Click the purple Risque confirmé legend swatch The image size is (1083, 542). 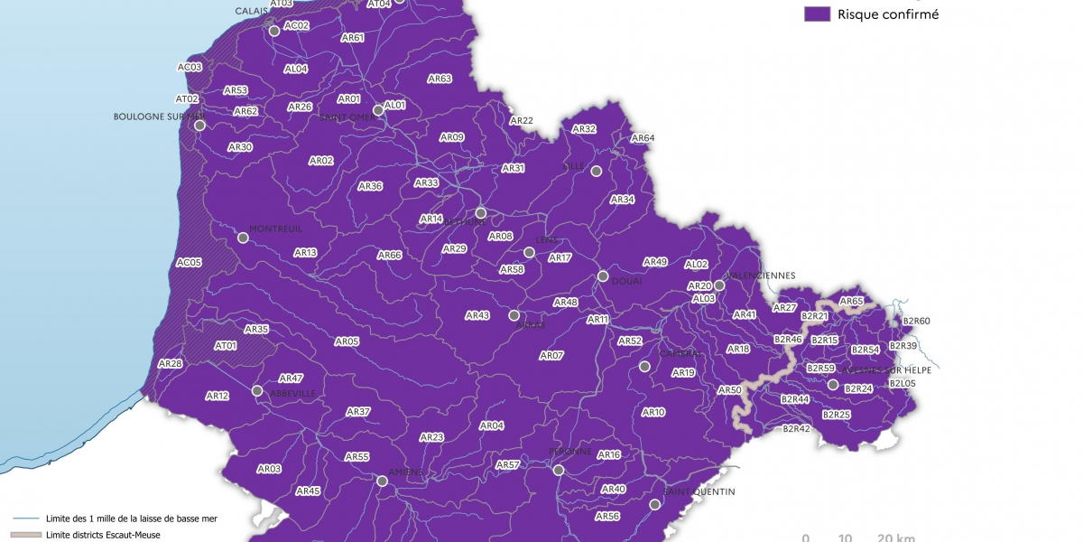tap(817, 14)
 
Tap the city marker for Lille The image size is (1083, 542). tap(596, 170)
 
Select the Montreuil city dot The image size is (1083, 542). tap(243, 238)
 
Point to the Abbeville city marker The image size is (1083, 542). tap(257, 391)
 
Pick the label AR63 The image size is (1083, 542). tap(440, 79)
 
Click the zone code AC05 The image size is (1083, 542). tap(190, 262)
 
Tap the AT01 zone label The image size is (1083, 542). tap(226, 345)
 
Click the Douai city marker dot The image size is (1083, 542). tap(603, 276)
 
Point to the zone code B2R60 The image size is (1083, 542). tap(916, 321)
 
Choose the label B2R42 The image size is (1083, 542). tap(796, 428)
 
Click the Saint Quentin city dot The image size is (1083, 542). tap(655, 504)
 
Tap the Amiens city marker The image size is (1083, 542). tap(382, 481)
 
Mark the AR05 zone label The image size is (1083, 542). tap(347, 341)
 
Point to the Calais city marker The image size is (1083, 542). tap(274, 31)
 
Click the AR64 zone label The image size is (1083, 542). tap(643, 138)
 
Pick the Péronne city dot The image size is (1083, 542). tap(559, 470)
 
